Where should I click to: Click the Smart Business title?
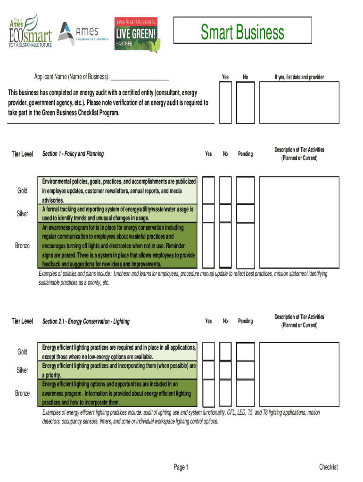pos(242,32)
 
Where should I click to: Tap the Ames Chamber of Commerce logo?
pos(80,34)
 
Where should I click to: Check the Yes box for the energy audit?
pos(225,102)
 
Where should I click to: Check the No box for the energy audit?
pos(245,102)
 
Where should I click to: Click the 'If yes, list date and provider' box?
pos(299,102)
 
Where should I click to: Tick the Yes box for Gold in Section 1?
pos(208,190)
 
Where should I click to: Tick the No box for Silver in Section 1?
pos(225,213)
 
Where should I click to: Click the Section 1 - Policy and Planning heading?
pos(73,154)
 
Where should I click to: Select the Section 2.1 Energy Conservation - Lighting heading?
pos(86,321)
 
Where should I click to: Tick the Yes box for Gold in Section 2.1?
pos(208,352)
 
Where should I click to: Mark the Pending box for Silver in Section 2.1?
pos(245,370)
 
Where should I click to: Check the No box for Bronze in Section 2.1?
pos(225,393)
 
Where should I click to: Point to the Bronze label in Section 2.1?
pos(22,393)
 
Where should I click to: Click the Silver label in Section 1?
pos(22,214)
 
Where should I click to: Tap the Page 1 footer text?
pos(181,467)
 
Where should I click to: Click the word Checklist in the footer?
pos(328,467)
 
